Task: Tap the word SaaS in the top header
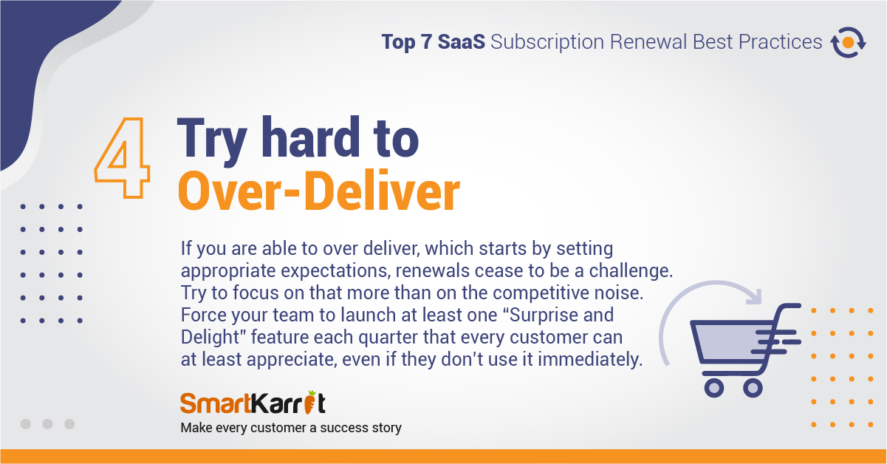(462, 41)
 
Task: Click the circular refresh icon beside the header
(848, 42)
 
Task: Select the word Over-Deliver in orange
(319, 191)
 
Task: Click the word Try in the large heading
(212, 141)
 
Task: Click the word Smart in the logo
(216, 403)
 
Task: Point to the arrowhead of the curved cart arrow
(754, 297)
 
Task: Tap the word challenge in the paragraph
(631, 270)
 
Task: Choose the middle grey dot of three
(47, 424)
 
